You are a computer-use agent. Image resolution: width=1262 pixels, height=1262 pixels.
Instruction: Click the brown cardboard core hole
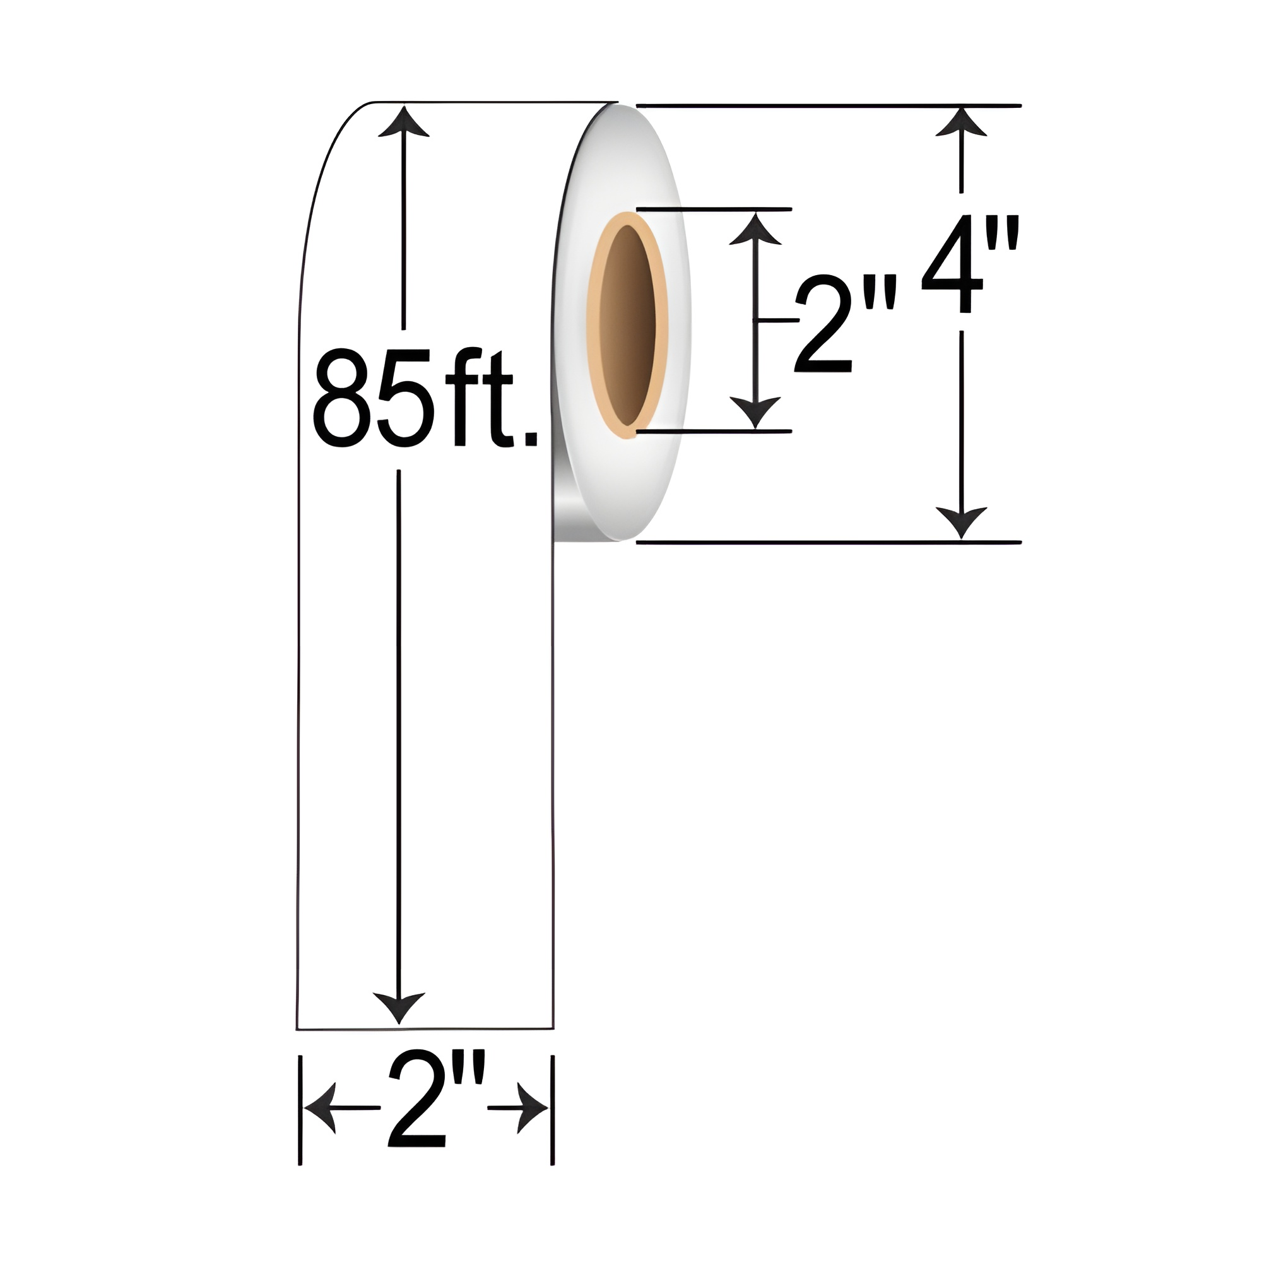click(x=627, y=324)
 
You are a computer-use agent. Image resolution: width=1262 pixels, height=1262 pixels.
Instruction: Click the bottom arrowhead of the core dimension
click(x=756, y=411)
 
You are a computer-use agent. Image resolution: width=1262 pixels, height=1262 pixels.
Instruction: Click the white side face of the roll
click(x=653, y=483)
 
